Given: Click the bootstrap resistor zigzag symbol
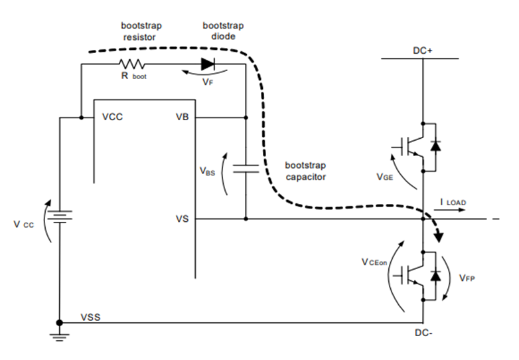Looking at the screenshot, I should click(x=132, y=64).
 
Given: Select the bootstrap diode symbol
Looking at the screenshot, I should click(x=208, y=64).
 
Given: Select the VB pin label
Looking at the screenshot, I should click(x=181, y=118).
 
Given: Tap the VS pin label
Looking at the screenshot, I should click(x=181, y=218).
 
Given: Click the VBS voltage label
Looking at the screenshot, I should click(x=208, y=170).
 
